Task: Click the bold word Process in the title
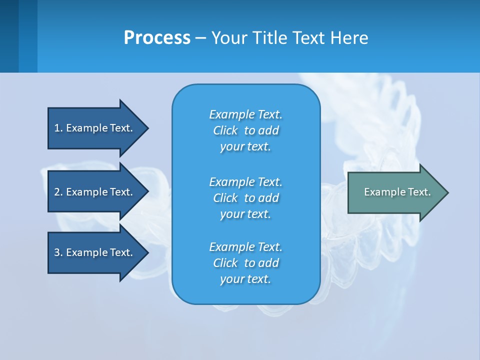157,38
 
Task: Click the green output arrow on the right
395,192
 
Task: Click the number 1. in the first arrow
58,128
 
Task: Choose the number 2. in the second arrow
58,192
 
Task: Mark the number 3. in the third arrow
58,252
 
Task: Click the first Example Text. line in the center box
245,114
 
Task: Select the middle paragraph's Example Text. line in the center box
245,181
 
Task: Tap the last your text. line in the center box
245,279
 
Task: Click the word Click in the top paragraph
225,130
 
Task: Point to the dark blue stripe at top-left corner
9,36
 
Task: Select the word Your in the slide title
228,38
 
